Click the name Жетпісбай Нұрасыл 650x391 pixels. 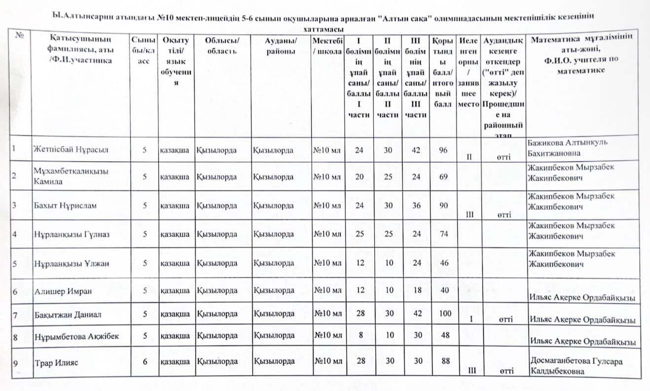71,149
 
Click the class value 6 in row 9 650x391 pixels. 145,361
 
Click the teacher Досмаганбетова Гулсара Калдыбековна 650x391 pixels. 576,366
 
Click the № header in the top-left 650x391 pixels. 20,36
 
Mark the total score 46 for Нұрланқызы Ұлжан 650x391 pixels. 444,263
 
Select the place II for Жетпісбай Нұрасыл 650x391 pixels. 469,157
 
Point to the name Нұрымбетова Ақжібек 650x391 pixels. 76,336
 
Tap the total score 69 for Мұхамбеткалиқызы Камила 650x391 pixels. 444,177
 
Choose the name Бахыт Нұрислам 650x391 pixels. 64,206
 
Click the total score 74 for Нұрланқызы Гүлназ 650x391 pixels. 444,234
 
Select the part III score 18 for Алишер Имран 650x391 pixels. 417,290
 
